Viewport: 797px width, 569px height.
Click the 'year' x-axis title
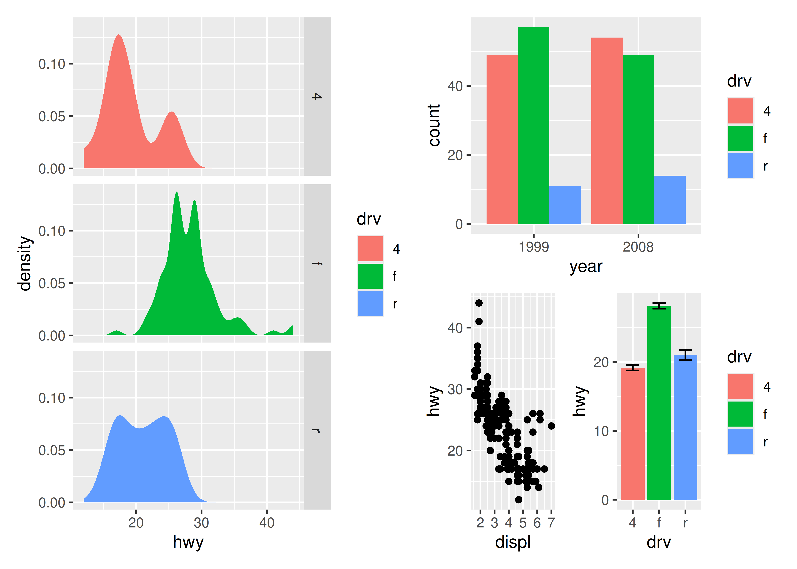pyautogui.click(x=586, y=267)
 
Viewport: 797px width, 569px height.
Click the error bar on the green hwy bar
pyautogui.click(x=659, y=306)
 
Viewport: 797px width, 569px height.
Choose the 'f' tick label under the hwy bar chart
pyautogui.click(x=659, y=523)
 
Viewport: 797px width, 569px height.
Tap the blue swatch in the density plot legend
pyautogui.click(x=370, y=303)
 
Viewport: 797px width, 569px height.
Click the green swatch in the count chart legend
pyautogui.click(x=740, y=138)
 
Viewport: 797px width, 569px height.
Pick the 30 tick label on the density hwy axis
pyautogui.click(x=201, y=523)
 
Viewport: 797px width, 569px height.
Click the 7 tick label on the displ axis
pyautogui.click(x=551, y=523)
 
